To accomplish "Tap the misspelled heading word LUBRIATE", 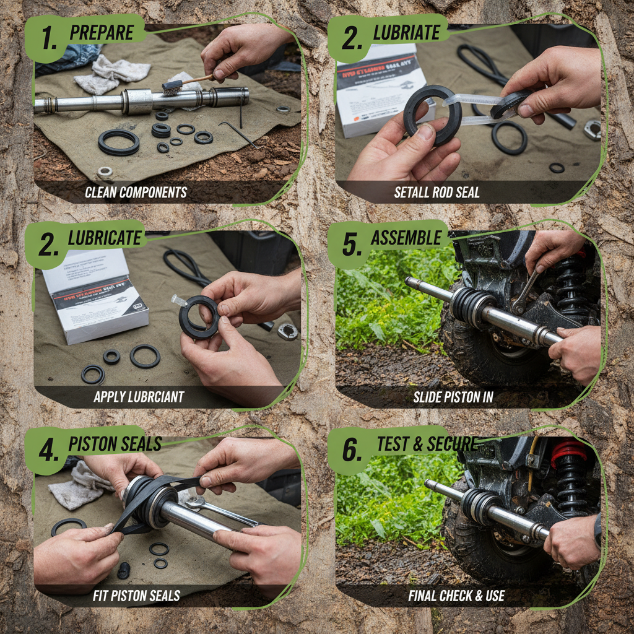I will point(406,33).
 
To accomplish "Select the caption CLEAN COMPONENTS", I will point(136,192).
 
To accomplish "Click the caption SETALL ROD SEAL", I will point(436,193).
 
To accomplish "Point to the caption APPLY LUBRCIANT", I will point(139,397).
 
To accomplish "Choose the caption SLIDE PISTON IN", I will point(453,397).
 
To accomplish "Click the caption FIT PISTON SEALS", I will point(136,596).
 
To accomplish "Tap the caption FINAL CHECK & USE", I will point(456,596).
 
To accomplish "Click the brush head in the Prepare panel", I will point(172,86).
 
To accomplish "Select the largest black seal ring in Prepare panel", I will point(118,142).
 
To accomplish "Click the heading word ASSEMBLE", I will point(406,238).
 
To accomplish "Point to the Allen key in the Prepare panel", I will point(238,133).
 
